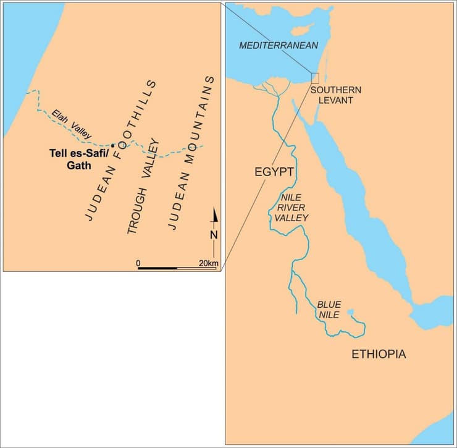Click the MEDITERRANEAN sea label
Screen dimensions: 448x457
[x=279, y=46]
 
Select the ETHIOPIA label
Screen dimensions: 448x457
[x=379, y=354]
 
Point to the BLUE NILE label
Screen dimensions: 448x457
[x=329, y=310]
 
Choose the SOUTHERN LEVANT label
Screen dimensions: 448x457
[x=336, y=95]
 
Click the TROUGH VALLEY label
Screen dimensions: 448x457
[x=144, y=186]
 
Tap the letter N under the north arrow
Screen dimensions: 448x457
[x=214, y=235]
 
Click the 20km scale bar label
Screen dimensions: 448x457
[x=208, y=263]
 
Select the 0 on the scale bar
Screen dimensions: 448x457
[x=138, y=263]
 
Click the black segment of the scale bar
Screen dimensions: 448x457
[x=157, y=269]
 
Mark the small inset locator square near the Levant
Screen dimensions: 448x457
[x=315, y=78]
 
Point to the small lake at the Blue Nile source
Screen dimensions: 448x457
[x=350, y=312]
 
